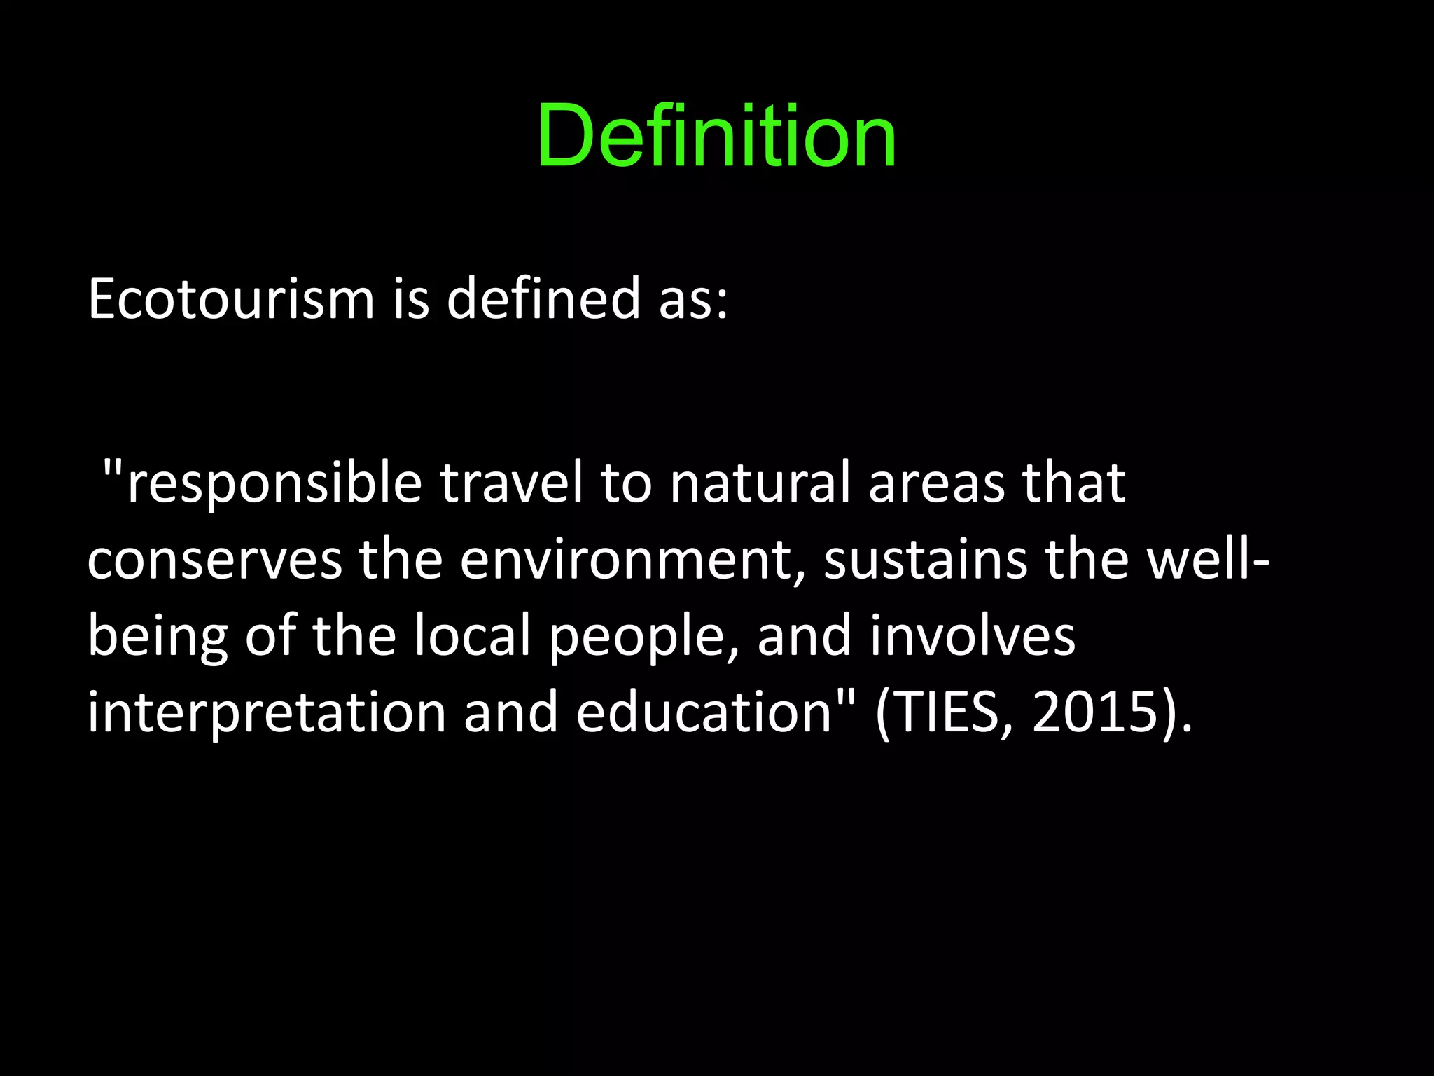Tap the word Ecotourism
[231, 299]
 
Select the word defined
[543, 299]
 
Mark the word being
[158, 637]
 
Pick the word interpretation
[267, 713]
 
